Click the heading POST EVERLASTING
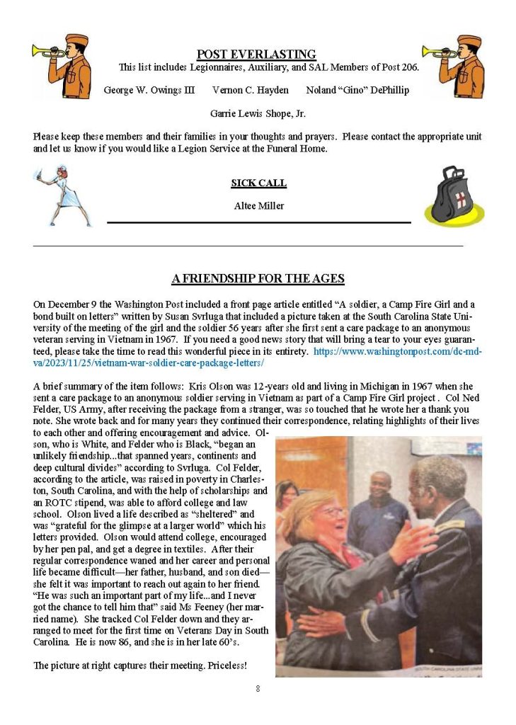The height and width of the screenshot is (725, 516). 256,55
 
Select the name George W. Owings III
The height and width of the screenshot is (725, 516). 149,90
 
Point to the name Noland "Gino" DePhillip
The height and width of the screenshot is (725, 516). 357,90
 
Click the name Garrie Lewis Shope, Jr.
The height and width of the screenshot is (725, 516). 258,113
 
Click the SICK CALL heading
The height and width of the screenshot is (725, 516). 258,183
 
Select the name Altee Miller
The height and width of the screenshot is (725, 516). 258,206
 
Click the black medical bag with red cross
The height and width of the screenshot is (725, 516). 453,194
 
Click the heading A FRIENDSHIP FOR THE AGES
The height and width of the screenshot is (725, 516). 258,278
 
